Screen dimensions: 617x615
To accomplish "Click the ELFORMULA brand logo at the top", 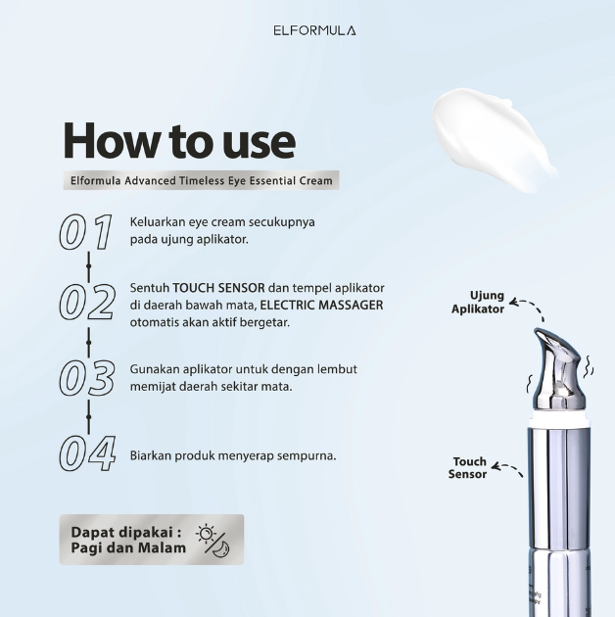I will click(x=314, y=30).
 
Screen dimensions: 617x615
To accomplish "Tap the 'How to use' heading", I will click(x=179, y=141).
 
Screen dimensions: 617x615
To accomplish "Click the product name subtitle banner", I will click(x=202, y=180).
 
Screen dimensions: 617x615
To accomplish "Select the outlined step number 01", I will click(x=86, y=232).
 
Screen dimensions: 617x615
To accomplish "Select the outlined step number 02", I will click(x=87, y=304).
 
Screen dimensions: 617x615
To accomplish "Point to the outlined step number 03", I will click(x=87, y=378).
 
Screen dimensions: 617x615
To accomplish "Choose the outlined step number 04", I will click(x=87, y=454).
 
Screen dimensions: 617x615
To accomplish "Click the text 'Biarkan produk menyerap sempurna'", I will click(x=233, y=455).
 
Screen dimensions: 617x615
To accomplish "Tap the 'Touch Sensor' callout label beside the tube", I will click(x=468, y=468).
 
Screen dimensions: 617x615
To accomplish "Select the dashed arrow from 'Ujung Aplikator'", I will click(x=530, y=308).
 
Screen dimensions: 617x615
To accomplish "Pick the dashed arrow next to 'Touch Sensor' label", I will click(x=507, y=469).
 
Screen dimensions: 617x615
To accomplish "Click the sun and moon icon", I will click(x=213, y=540).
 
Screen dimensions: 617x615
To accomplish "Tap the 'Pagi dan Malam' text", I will click(x=128, y=548).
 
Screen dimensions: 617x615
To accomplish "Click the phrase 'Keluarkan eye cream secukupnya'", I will click(x=222, y=222).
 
